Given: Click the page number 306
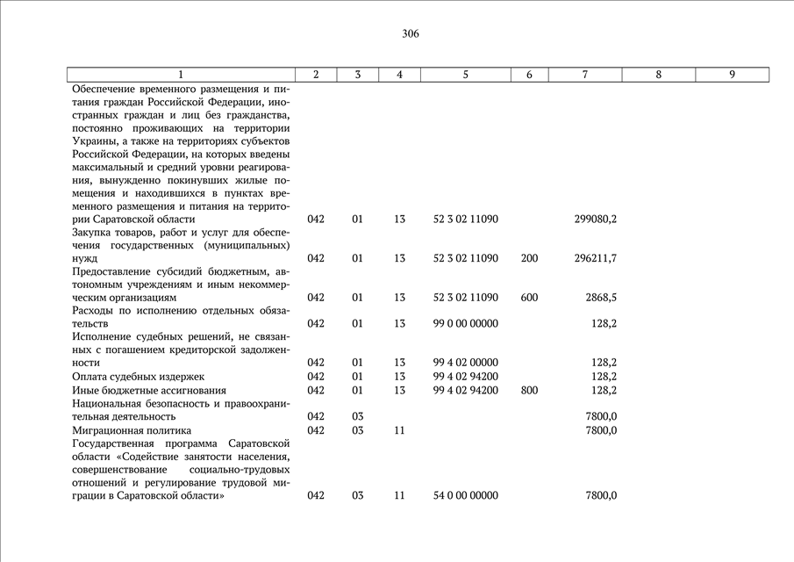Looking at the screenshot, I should point(411,34).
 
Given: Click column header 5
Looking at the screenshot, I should point(465,75).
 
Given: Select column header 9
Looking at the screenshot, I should point(732,75).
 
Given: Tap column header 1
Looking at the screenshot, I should point(181,75).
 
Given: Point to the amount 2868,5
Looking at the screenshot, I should point(600,298).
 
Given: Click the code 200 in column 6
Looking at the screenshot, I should point(529,259).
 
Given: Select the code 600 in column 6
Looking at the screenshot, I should point(529,298).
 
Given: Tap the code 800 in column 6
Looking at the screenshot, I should point(529,390).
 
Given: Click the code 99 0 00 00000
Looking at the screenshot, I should point(465,324).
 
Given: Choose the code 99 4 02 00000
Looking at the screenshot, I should point(465,363).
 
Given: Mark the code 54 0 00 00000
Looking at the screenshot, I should point(465,496).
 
